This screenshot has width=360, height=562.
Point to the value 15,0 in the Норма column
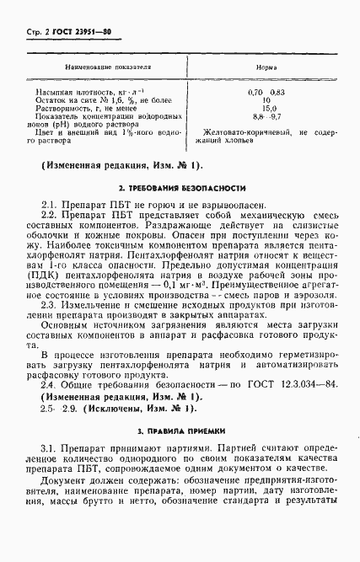coord(268,107)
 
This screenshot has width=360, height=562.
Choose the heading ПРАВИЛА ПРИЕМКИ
coord(182,457)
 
